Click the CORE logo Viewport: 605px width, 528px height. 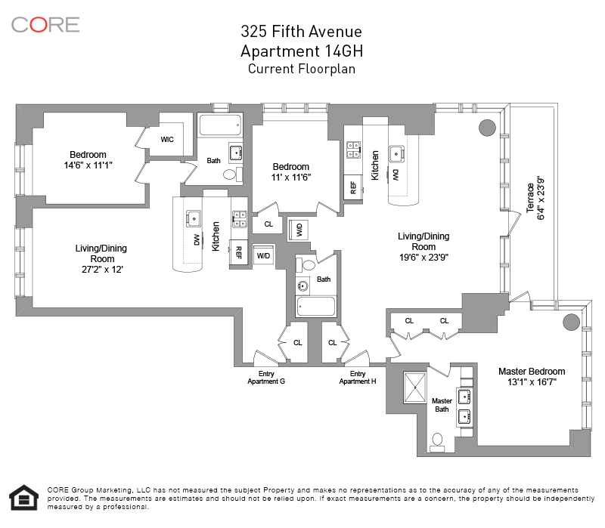coord(45,25)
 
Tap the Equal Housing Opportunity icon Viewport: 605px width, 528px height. coord(24,498)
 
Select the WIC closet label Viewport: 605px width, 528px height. coord(167,140)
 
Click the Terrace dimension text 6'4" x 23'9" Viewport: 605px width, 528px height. coord(541,199)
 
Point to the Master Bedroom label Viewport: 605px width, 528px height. coord(532,372)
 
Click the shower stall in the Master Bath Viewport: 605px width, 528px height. coord(414,388)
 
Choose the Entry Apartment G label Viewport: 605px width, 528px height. coord(266,378)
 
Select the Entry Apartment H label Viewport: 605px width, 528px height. coord(358,378)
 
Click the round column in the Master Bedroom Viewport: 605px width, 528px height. coord(571,322)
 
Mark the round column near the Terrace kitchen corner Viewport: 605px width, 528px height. coord(487,128)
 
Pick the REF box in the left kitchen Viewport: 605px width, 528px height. coord(238,252)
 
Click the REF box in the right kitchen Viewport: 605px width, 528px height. coord(353,187)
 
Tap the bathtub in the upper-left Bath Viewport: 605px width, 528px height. coord(221,125)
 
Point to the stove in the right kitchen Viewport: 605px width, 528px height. coord(353,150)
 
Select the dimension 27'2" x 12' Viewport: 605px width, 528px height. coord(102,270)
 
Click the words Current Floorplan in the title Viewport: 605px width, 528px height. coord(302,69)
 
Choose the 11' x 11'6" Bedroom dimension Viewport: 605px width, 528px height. coord(291,178)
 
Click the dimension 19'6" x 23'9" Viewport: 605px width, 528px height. coord(423,257)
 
